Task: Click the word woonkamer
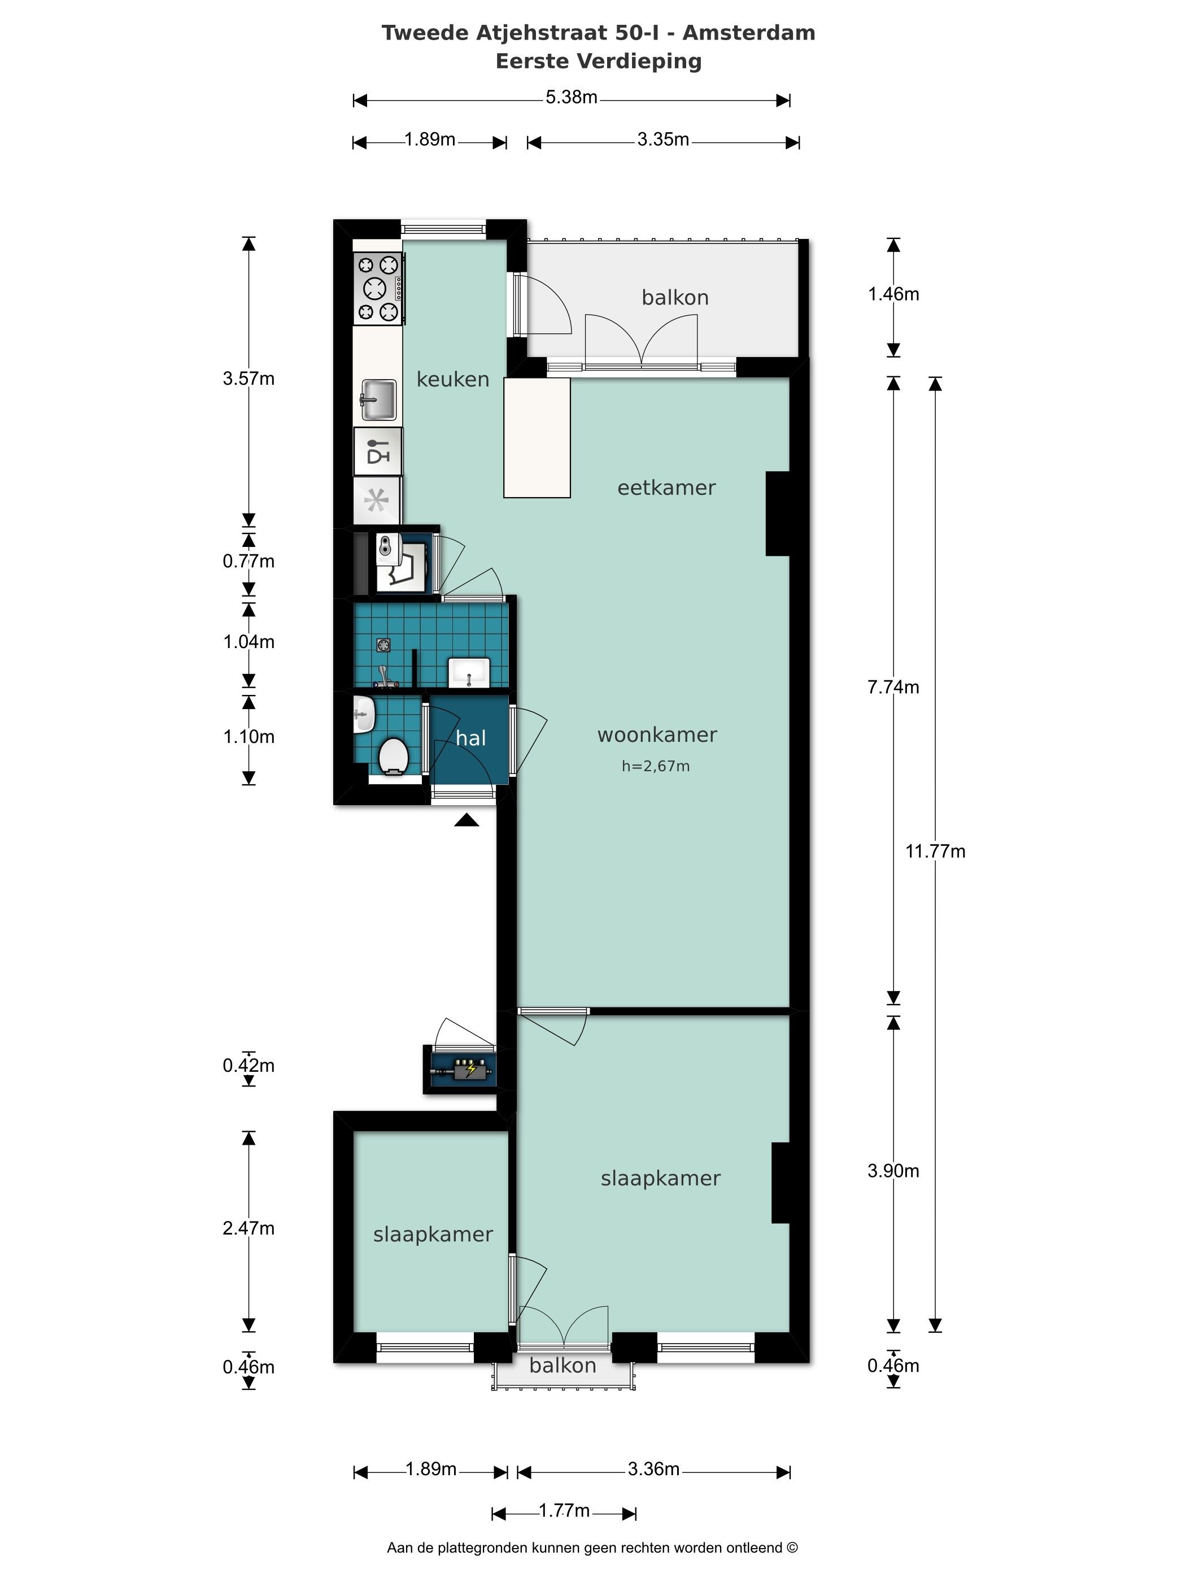(x=657, y=734)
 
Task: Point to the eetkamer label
(x=666, y=488)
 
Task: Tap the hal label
(x=470, y=738)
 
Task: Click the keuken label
(x=452, y=379)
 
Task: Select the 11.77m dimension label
(x=935, y=851)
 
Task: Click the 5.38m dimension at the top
(x=571, y=97)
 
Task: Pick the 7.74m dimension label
(x=893, y=686)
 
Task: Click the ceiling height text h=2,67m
(x=656, y=767)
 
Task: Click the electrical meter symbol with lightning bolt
(x=461, y=1070)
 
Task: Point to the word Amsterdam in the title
(x=749, y=33)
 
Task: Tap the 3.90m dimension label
(x=893, y=1171)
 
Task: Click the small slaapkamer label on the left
(x=433, y=1235)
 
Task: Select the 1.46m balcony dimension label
(x=893, y=294)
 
